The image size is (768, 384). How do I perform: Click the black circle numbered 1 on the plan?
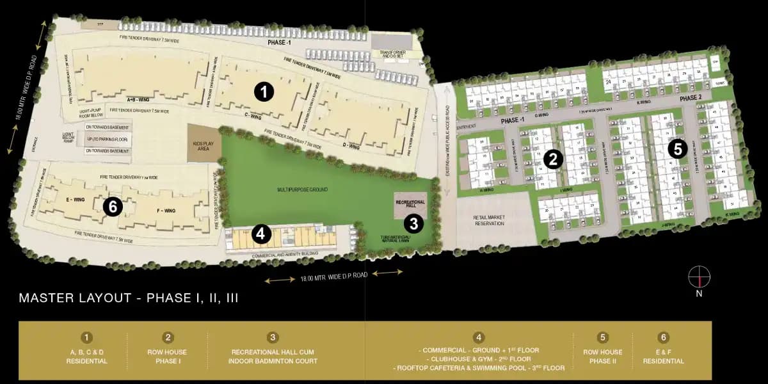(x=263, y=92)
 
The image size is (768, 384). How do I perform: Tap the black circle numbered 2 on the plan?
(x=554, y=158)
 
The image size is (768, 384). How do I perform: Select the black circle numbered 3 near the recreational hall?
(x=414, y=223)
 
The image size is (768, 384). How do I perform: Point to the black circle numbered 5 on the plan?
(x=677, y=149)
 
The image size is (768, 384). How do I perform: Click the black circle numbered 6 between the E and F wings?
(x=113, y=206)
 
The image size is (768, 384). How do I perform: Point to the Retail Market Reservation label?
(x=490, y=221)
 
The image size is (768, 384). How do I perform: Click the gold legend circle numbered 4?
(x=479, y=337)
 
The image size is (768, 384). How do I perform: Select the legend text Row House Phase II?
(x=602, y=356)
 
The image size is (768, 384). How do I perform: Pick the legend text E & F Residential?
(x=663, y=356)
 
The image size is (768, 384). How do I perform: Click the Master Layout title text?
(x=129, y=298)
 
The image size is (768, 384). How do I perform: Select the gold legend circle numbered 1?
(x=87, y=337)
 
